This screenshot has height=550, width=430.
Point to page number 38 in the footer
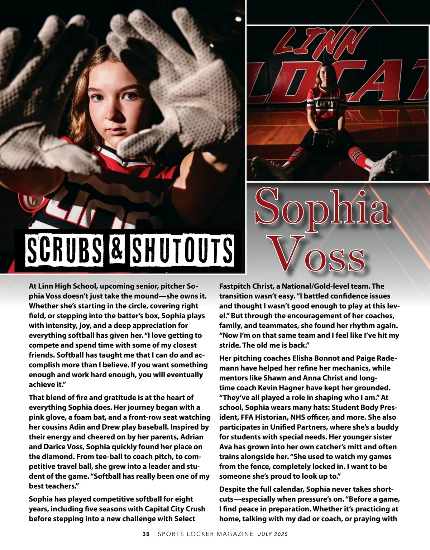point(146,534)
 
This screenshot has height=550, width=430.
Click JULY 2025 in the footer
point(273,534)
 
